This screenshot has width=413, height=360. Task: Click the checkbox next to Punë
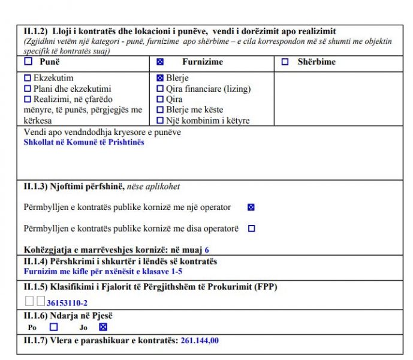click(28, 62)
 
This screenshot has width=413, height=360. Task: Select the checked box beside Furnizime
click(159, 62)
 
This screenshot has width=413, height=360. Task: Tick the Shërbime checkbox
click(285, 62)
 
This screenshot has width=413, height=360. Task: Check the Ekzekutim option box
click(27, 78)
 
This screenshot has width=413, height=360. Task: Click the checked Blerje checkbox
click(160, 78)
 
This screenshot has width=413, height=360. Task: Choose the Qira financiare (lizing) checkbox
click(160, 89)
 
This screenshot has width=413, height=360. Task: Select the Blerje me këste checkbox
click(160, 110)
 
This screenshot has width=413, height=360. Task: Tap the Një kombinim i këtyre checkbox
click(160, 121)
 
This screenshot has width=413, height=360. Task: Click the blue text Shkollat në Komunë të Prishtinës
click(84, 142)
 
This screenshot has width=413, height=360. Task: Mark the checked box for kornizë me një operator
click(251, 208)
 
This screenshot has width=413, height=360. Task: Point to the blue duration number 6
click(207, 250)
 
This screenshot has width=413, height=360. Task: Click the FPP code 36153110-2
click(67, 303)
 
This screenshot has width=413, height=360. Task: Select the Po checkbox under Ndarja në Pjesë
click(53, 327)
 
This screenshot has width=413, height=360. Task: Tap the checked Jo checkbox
click(103, 327)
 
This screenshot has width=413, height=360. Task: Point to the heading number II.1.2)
click(35, 31)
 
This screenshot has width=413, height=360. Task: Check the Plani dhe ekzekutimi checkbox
click(27, 89)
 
